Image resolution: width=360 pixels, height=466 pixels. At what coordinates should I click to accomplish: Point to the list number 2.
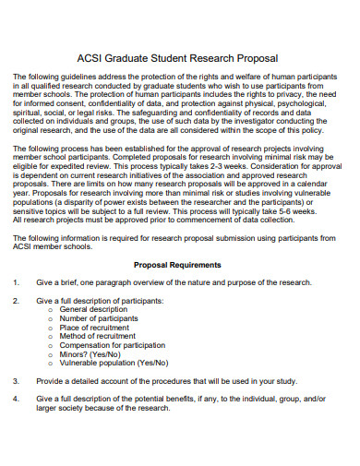(16, 301)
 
